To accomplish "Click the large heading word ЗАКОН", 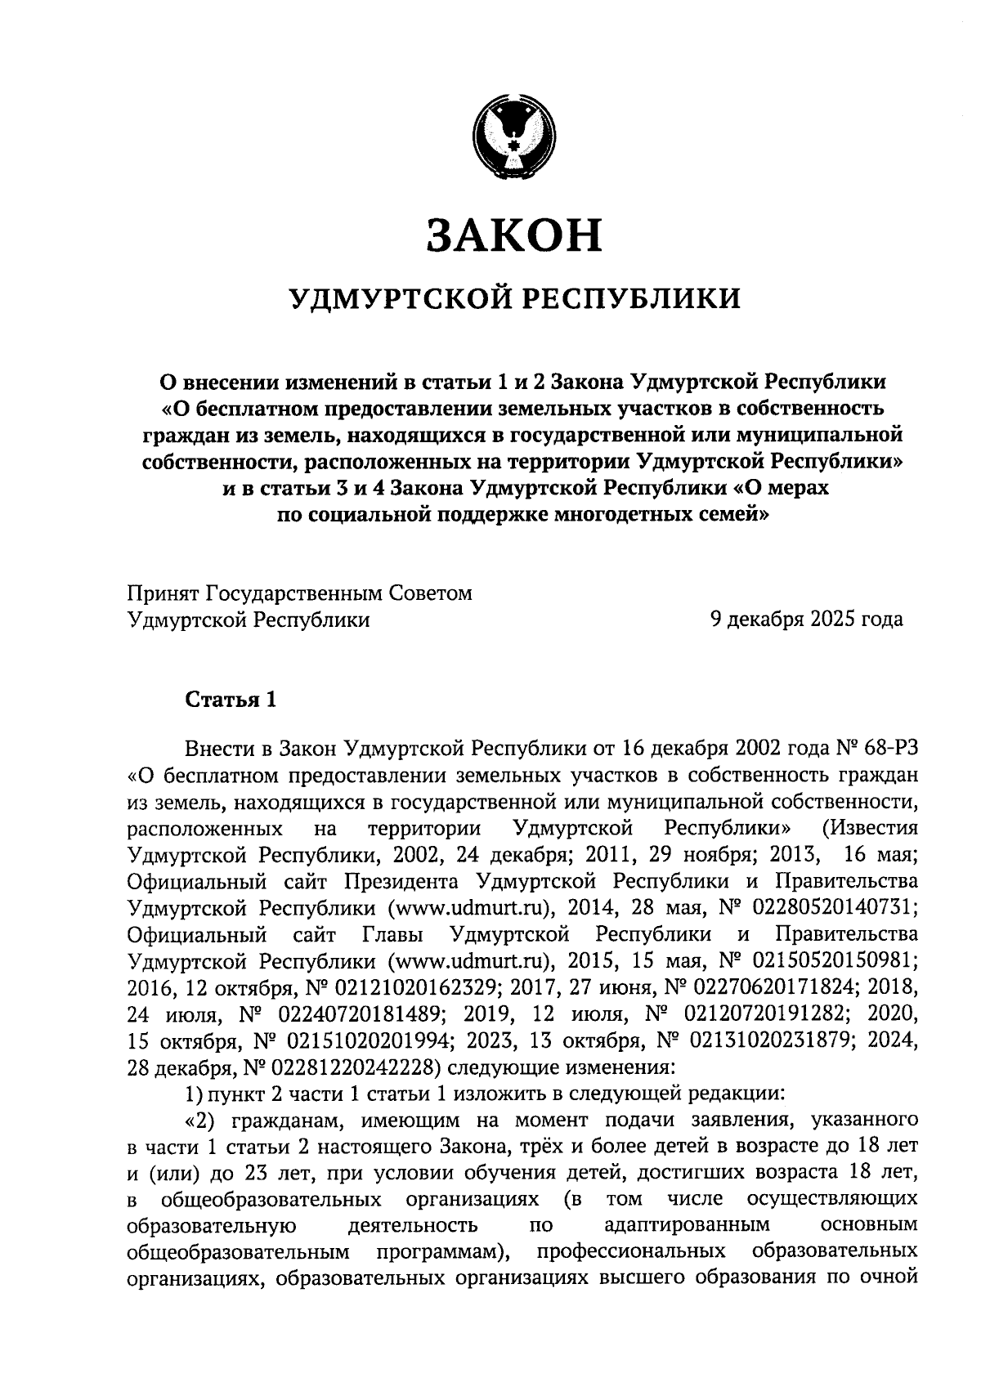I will coord(513,235).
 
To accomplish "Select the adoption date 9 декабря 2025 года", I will coord(806,620).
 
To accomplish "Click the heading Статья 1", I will coord(231,700).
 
